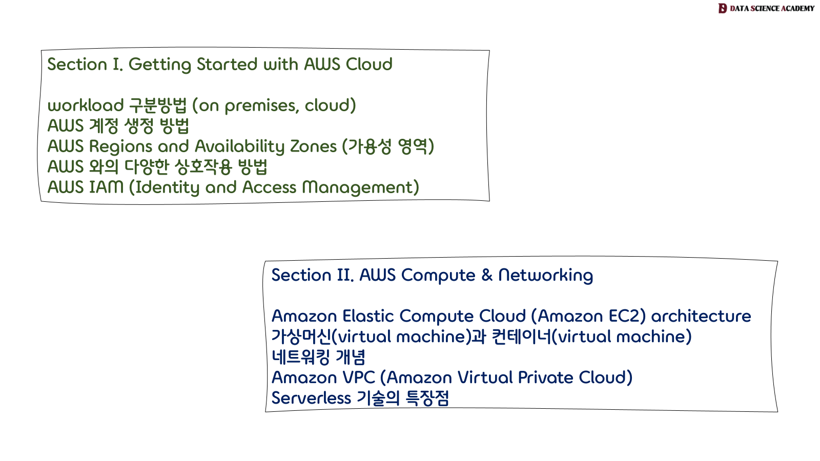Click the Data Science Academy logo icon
pos(723,8)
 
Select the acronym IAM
pos(107,187)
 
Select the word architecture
pos(701,316)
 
